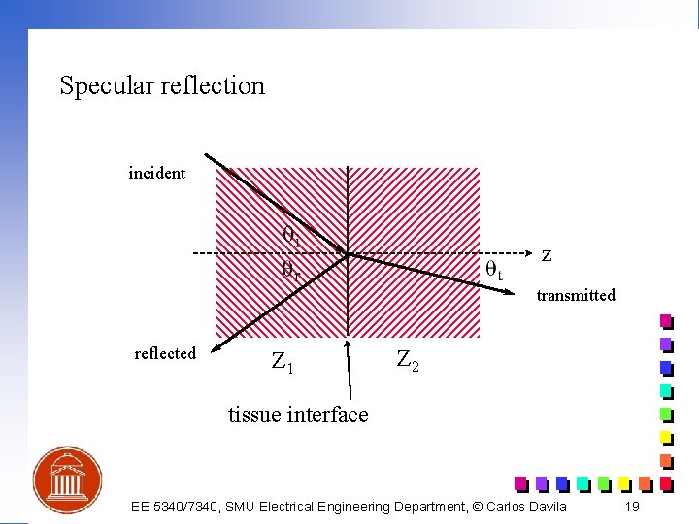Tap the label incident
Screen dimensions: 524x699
coord(157,173)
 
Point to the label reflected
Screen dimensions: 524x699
coord(165,353)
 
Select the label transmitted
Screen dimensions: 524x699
coord(576,295)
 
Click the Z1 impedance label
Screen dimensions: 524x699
coord(283,363)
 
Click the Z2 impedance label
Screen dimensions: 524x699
coord(408,360)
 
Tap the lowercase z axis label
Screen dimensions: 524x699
coord(548,255)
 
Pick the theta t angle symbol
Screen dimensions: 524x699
coord(494,271)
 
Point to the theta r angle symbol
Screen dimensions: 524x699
coord(290,270)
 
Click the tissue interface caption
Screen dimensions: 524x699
coord(298,415)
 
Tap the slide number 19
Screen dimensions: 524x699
coord(632,507)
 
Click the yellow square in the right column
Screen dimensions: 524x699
coord(666,438)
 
